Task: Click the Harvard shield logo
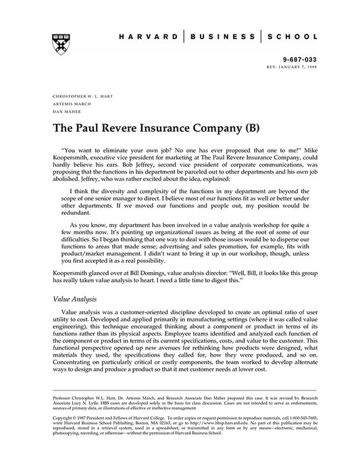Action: tap(59, 43)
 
